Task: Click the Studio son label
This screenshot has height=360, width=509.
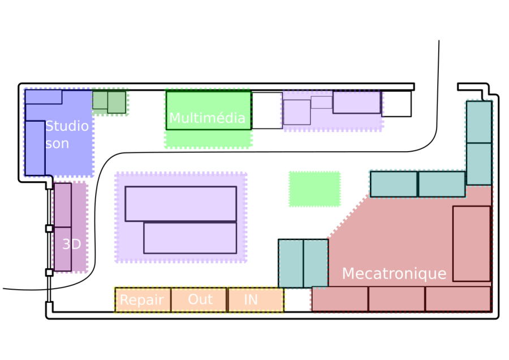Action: pos(67,135)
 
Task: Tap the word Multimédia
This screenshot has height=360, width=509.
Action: pos(207,118)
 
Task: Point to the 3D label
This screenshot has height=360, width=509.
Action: pos(72,245)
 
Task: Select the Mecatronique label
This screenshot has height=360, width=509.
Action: pos(394,274)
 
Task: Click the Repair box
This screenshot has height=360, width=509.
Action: pos(142,300)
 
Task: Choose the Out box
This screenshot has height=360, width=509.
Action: pos(200,300)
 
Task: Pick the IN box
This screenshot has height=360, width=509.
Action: pos(255,300)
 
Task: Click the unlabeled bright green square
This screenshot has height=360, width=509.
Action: pos(314,189)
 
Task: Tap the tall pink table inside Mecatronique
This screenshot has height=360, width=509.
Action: pos(471,243)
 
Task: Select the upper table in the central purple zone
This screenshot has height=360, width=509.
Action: pos(180,203)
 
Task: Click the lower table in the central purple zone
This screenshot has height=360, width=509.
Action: pos(190,238)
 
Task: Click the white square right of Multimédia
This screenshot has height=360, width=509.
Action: pos(266,110)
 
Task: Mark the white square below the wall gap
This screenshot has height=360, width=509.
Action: pos(396,104)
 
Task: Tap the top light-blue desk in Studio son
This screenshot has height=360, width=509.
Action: pos(44,97)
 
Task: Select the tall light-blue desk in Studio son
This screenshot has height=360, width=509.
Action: pos(35,148)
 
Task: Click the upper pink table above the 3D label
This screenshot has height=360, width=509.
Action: pos(63,204)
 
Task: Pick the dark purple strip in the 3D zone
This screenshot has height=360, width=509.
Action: pos(80,227)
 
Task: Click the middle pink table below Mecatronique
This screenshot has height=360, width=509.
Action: pos(396,299)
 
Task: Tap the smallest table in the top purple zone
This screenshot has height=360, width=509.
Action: pos(321,102)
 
